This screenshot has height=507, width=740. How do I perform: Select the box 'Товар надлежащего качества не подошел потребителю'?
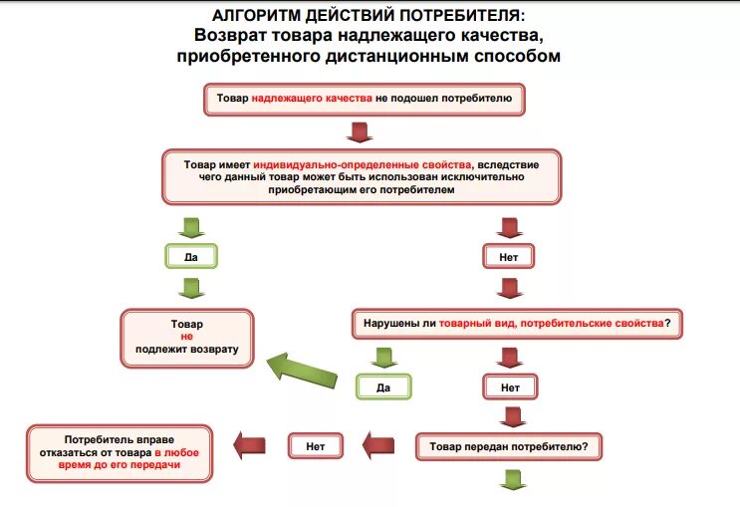(365, 100)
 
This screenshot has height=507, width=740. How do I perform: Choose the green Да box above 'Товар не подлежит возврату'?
(190, 256)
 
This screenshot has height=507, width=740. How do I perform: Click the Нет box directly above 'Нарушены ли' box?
(509, 256)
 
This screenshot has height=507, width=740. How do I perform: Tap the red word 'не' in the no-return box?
(186, 338)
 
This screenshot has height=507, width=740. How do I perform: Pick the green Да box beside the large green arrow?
(383, 386)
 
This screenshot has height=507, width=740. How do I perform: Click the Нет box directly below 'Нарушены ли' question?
(510, 386)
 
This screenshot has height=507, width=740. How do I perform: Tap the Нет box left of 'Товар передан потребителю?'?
(316, 446)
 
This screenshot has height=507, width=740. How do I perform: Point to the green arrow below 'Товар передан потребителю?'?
(511, 481)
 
